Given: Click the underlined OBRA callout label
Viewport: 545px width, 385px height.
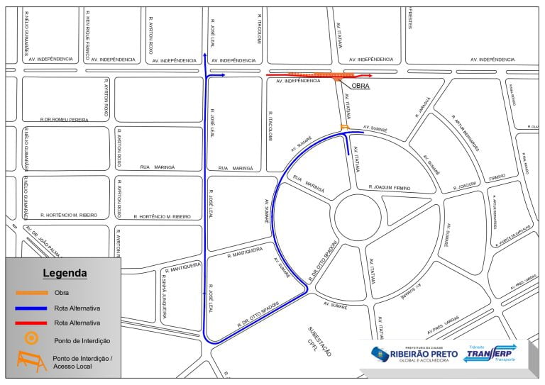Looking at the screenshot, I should click(x=360, y=86).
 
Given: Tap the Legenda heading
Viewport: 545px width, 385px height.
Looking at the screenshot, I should click(x=65, y=273).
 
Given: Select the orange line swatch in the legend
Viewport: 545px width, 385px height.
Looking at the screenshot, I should click(x=32, y=292).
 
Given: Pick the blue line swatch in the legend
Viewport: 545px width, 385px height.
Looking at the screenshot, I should click(x=32, y=308).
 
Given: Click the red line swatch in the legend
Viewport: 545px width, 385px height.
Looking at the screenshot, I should click(x=32, y=323).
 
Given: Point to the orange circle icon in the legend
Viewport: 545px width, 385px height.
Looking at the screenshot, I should click(x=31, y=339).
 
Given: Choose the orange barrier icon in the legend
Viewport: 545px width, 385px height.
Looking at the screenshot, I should click(x=31, y=362).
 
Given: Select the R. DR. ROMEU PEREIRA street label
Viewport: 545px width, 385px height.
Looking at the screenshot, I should click(x=65, y=120).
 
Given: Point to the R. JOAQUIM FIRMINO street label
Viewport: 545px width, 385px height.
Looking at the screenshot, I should click(x=400, y=187).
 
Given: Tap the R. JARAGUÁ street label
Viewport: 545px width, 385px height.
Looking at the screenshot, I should click(x=423, y=107).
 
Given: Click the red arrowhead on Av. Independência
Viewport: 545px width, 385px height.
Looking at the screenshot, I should click(x=369, y=74).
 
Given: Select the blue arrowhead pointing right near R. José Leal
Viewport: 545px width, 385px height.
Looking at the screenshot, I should click(x=222, y=74).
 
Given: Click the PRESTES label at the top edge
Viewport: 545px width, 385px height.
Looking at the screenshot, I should click(x=410, y=18).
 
